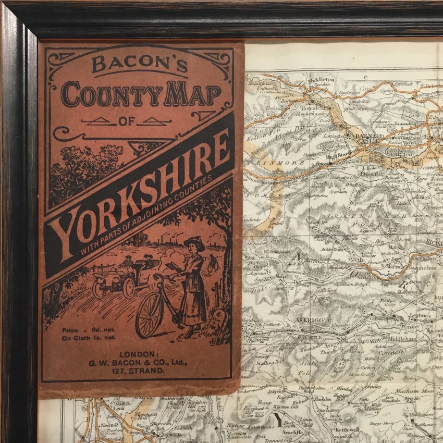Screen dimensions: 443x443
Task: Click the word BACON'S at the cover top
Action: [140, 64]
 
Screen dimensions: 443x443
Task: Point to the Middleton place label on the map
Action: [319, 80]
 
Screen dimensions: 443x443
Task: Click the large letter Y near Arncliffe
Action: [279, 420]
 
